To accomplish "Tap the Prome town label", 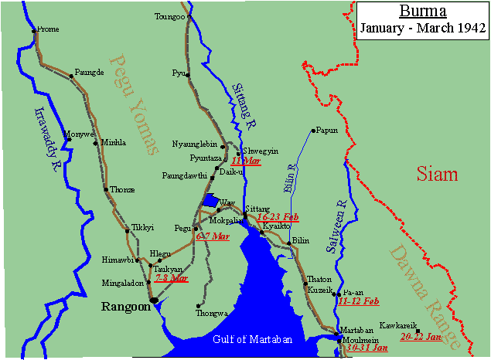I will [48, 29].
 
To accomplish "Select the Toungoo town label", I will [170, 16].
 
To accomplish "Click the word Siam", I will [437, 174].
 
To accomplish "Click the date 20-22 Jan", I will [421, 337].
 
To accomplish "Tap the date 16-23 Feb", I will [278, 218].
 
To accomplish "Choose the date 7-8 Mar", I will [172, 277].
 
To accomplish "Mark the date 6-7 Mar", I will [213, 236].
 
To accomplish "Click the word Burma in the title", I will [421, 12].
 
